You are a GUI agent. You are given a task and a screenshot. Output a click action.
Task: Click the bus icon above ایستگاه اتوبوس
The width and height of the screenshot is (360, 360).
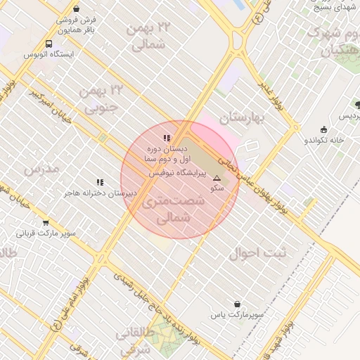49,44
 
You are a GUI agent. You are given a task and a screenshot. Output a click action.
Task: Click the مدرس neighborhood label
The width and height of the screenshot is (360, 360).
39,169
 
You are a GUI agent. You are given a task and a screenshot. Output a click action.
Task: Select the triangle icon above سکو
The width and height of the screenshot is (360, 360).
217,179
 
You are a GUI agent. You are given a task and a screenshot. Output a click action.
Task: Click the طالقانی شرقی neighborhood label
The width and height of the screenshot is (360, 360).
129,340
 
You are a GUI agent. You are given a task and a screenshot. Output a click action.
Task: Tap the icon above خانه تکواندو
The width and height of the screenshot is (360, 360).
323,129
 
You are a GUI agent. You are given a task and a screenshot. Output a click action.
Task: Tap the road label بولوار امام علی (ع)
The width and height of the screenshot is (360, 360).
70,302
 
